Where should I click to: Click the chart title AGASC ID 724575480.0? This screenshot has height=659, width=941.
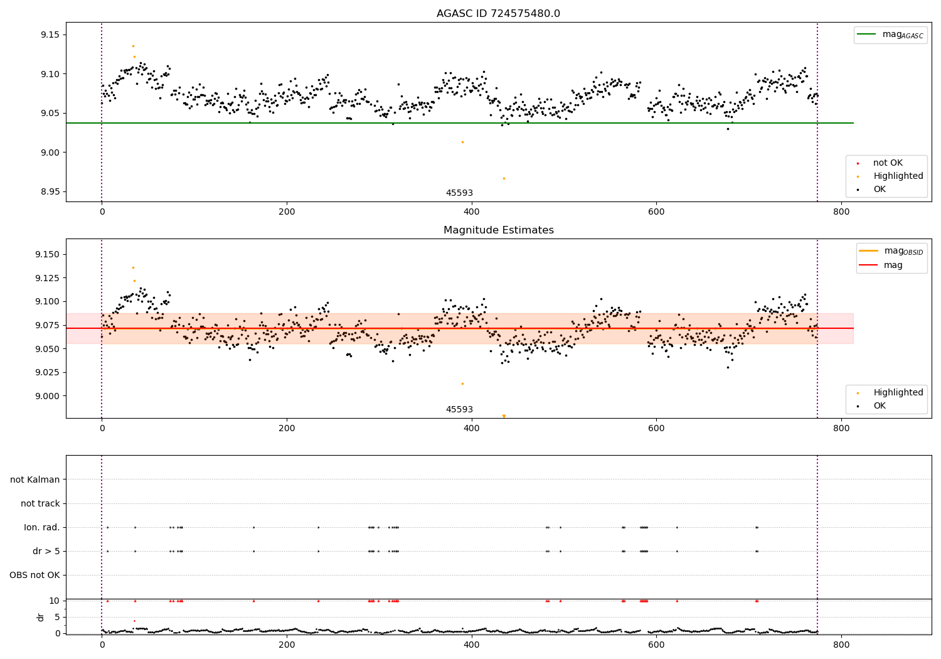[498, 14]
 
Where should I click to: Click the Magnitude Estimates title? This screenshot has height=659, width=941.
[498, 230]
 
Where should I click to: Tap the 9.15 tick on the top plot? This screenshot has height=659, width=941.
[49, 35]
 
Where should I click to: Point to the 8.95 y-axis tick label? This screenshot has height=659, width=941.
[49, 192]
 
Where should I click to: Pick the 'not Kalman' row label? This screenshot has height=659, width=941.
[35, 480]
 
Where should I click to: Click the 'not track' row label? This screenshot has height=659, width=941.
[40, 504]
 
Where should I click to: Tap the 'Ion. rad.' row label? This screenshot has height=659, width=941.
[42, 528]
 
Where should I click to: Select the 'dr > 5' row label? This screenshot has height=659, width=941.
[46, 552]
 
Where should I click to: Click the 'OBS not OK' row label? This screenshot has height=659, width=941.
[35, 576]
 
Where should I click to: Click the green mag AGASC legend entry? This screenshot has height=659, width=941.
[890, 35]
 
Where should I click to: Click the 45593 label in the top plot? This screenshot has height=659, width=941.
[459, 193]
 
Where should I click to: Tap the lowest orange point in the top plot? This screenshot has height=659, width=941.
[504, 178]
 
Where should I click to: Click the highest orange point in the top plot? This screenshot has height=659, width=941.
[133, 46]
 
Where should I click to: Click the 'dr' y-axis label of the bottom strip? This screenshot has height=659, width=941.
[41, 617]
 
